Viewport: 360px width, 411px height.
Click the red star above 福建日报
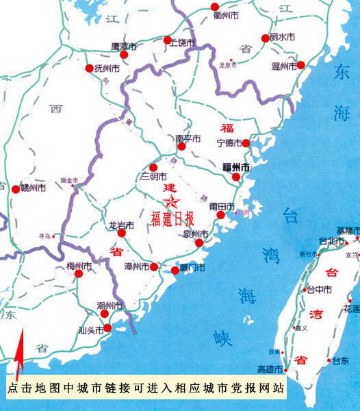(171, 201)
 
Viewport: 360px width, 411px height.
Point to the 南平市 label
(188, 138)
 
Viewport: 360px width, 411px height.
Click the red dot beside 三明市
(153, 166)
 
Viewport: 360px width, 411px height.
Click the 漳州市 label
(137, 266)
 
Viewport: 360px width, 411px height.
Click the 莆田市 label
(222, 206)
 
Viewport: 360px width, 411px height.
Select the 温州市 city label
(283, 66)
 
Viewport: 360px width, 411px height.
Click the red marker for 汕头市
(106, 329)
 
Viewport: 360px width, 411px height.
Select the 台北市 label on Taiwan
(332, 240)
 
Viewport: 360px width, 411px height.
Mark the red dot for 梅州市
(79, 274)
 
